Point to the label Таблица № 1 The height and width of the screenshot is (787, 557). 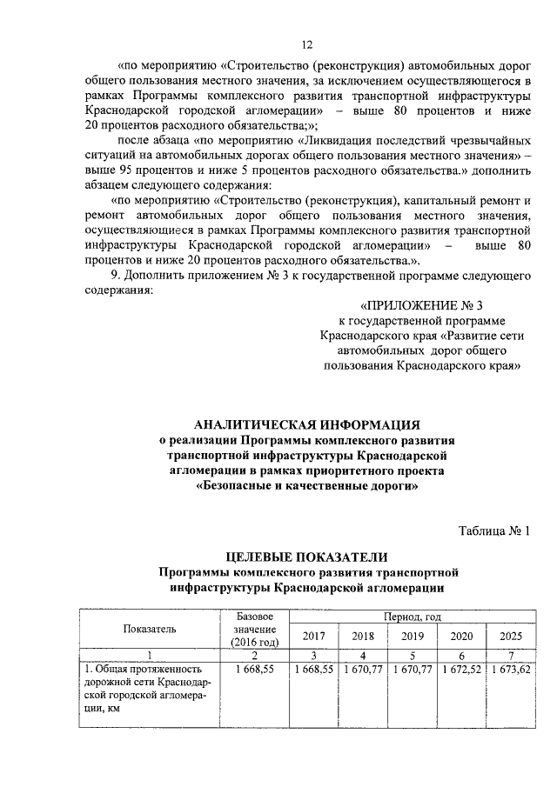pyautogui.click(x=493, y=530)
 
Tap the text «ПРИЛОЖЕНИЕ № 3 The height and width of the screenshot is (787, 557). pyautogui.click(x=420, y=305)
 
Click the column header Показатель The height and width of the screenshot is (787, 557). pyautogui.click(x=149, y=628)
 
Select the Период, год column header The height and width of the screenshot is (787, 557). pyautogui.click(x=409, y=616)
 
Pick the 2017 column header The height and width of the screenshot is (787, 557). pyautogui.click(x=312, y=636)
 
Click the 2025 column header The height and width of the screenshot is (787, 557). pyautogui.click(x=512, y=636)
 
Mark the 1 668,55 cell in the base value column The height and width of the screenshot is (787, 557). pyautogui.click(x=255, y=670)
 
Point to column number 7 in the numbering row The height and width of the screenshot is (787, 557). pyautogui.click(x=512, y=655)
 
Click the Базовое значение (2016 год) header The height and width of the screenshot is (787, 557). pyautogui.click(x=255, y=628)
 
